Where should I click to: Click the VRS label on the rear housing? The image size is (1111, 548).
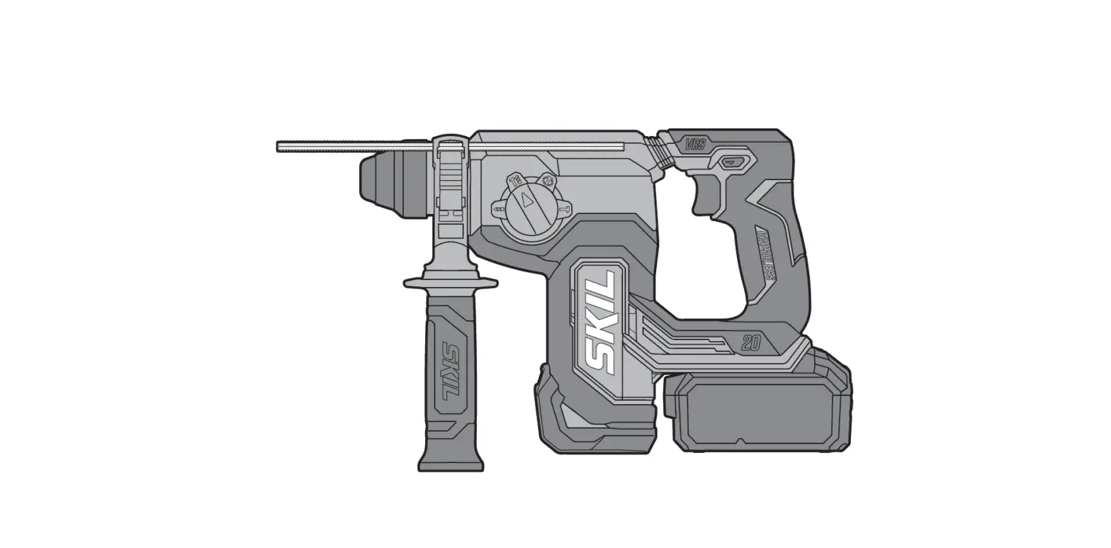tap(695, 145)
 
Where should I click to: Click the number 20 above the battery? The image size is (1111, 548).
tap(752, 344)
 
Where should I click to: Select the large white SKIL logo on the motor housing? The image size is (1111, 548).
tap(599, 323)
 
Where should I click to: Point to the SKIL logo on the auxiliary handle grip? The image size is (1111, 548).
tap(450, 371)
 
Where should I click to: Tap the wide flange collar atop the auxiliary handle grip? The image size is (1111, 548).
tap(451, 284)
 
